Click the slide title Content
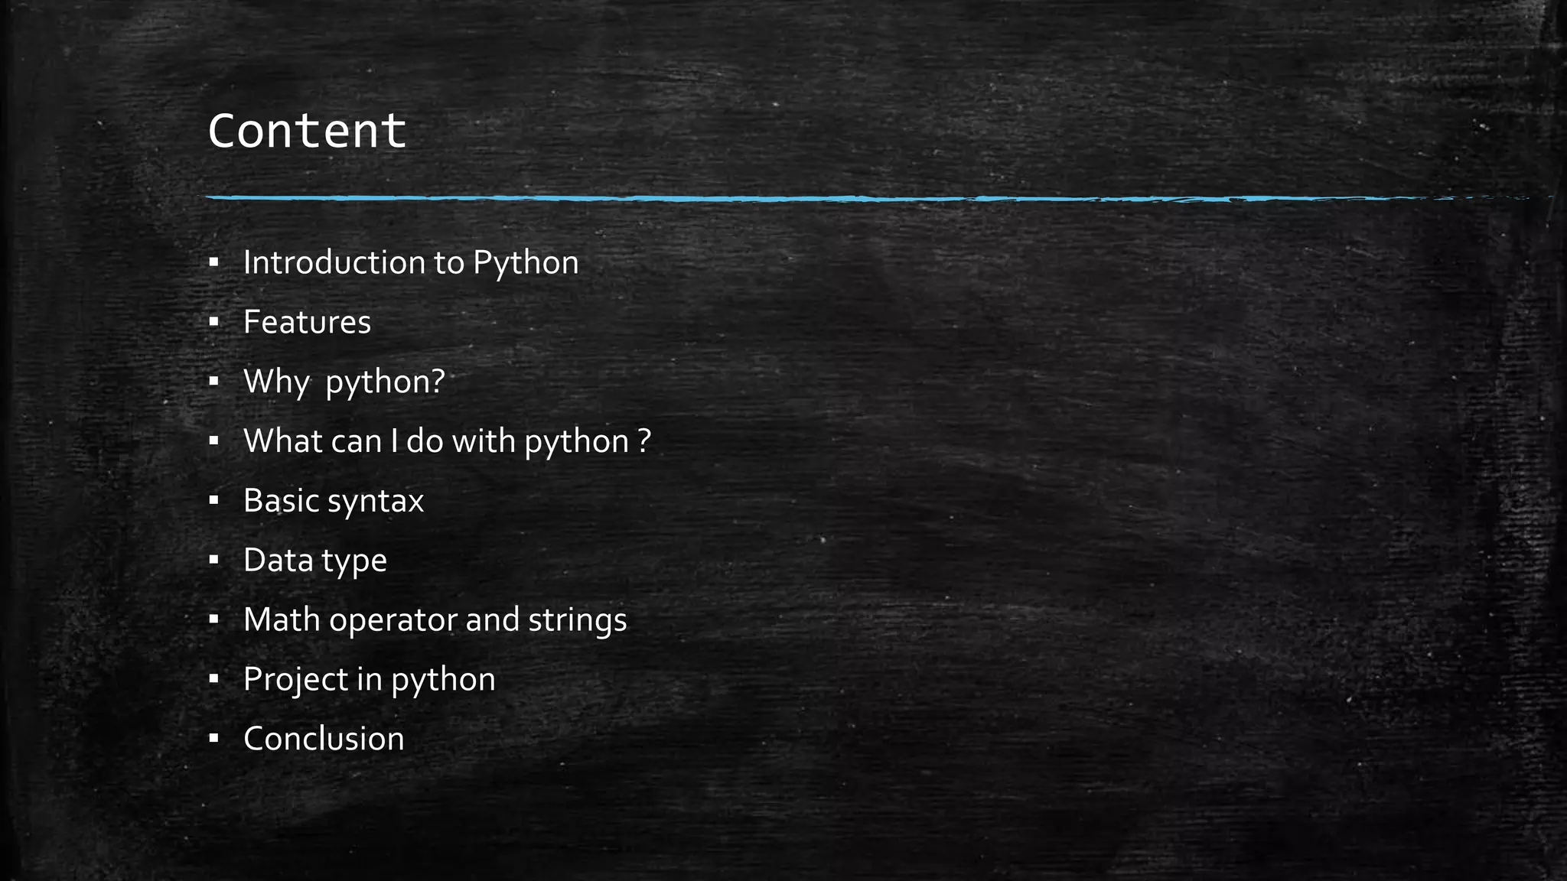coord(306,131)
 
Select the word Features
coord(307,322)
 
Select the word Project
coord(295,680)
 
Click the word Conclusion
coord(324,739)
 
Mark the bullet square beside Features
coord(213,323)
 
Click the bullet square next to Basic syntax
coord(213,501)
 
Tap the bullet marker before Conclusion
coord(213,739)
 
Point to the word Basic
coord(280,501)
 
